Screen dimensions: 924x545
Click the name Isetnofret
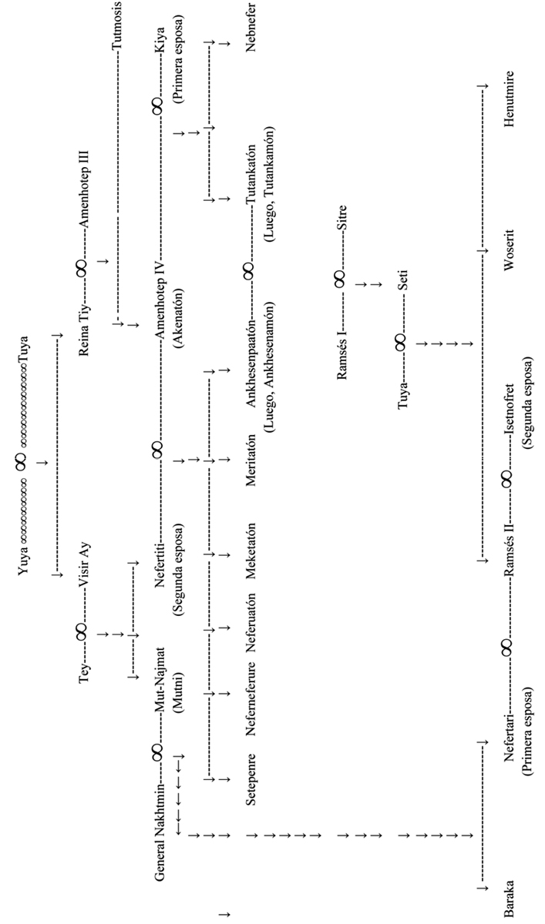coord(510,419)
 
